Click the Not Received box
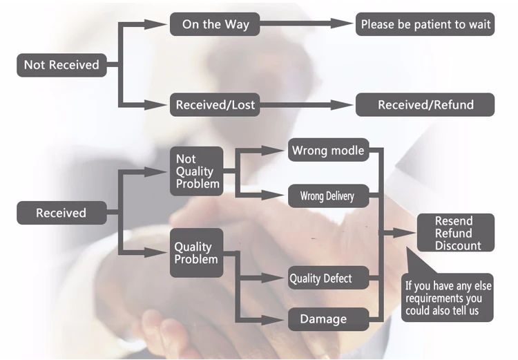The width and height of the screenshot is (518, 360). (61, 66)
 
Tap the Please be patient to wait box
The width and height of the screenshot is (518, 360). (425, 25)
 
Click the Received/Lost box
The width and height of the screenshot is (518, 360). (215, 105)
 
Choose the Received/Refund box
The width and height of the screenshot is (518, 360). (425, 105)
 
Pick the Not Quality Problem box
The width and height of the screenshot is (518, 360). (198, 171)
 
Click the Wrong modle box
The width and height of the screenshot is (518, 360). (328, 151)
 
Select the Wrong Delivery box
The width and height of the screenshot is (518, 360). (327, 196)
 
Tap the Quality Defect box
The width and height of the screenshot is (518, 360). (320, 278)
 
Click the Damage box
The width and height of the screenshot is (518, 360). (323, 319)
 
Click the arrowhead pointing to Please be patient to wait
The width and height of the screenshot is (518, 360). (343, 23)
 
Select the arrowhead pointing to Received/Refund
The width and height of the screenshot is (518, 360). (343, 105)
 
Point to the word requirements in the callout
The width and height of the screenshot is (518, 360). (437, 298)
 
